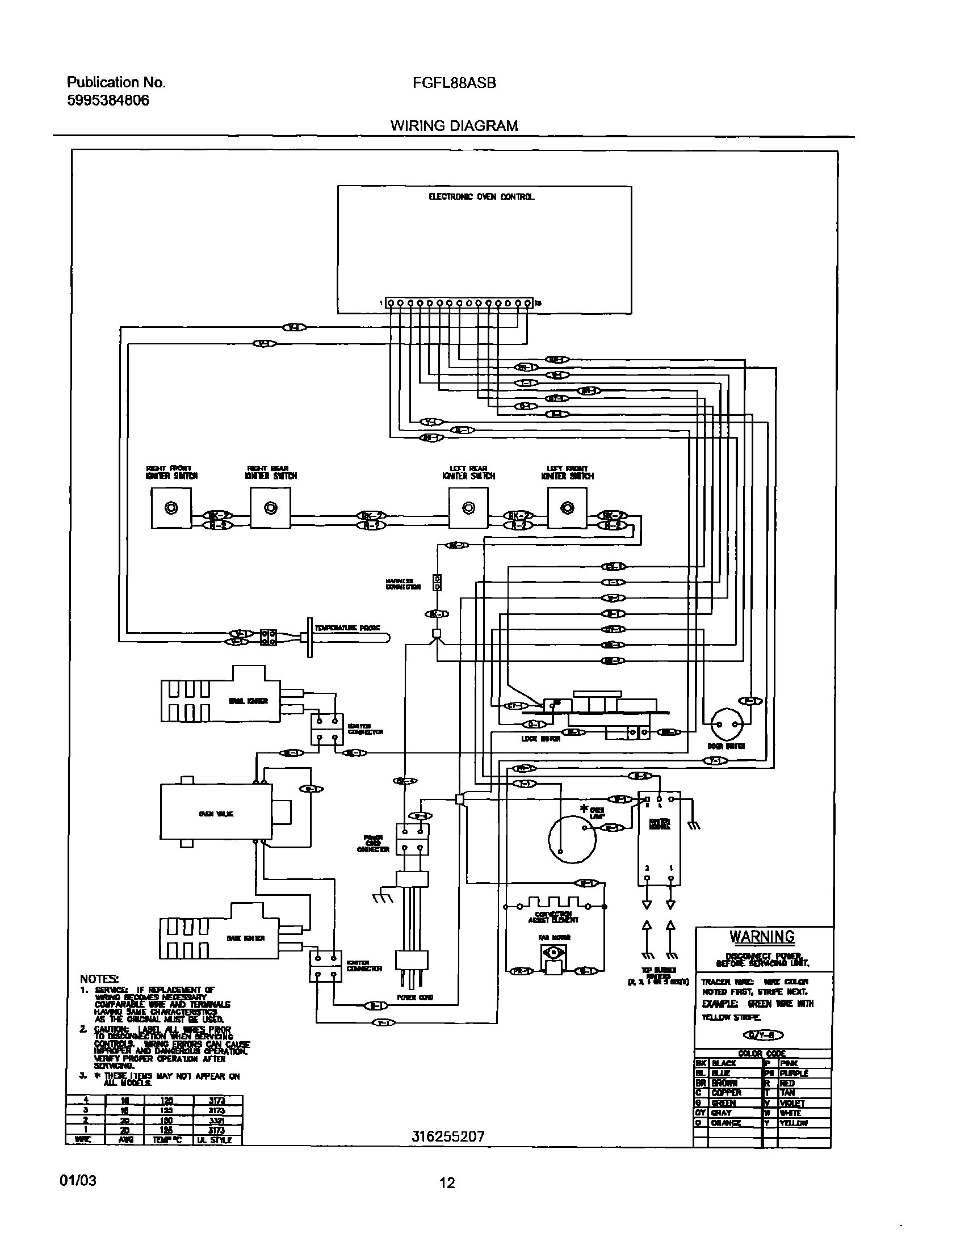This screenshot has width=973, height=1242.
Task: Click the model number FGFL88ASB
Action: [x=454, y=83]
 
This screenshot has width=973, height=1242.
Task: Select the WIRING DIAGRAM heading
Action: [x=454, y=126]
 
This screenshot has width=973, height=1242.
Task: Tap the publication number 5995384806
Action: [x=108, y=101]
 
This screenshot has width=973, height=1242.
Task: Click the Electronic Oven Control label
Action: [x=481, y=197]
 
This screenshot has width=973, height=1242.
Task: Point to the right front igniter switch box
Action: [x=171, y=508]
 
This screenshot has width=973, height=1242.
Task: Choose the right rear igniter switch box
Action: [x=270, y=508]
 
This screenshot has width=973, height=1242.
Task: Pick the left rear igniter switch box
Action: [x=468, y=508]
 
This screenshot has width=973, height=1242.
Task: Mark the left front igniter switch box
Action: [x=567, y=508]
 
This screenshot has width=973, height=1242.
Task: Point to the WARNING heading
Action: [x=762, y=937]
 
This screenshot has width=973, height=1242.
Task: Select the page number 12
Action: [x=447, y=1184]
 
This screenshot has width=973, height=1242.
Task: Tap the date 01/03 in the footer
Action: [x=78, y=1181]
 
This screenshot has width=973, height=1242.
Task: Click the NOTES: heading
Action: [x=99, y=979]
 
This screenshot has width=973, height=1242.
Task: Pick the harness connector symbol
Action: [x=437, y=583]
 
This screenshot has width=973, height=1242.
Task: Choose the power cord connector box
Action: [x=412, y=839]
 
